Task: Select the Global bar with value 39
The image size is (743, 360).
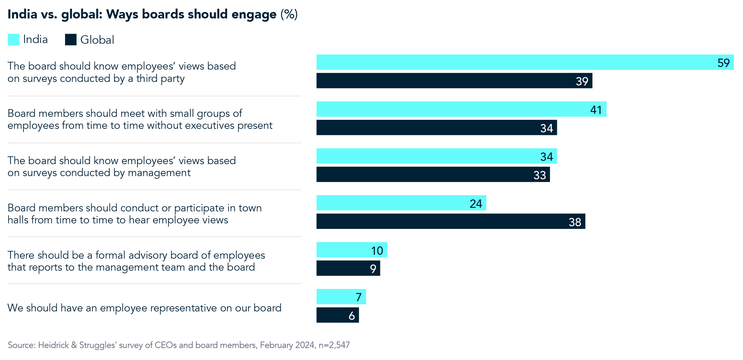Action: (454, 81)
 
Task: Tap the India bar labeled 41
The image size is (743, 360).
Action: (461, 109)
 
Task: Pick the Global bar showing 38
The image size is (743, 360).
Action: (450, 221)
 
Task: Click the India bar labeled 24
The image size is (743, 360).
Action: (401, 203)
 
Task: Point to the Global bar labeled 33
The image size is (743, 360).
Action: (433, 174)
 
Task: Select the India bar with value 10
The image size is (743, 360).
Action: (352, 250)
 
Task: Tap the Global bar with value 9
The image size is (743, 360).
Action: (348, 268)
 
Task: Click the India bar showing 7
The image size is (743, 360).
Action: (341, 297)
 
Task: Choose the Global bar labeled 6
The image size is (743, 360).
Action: (337, 315)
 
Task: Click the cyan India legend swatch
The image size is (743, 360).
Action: (13, 39)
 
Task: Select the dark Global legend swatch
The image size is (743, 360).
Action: (71, 39)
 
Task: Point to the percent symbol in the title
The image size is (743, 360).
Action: (289, 14)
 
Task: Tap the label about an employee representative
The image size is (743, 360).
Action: (144, 308)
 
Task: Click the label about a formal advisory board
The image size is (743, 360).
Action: (136, 261)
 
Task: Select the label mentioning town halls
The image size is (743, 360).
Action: (134, 214)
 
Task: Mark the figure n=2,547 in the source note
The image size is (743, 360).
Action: (334, 345)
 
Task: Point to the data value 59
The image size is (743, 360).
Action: (723, 63)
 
